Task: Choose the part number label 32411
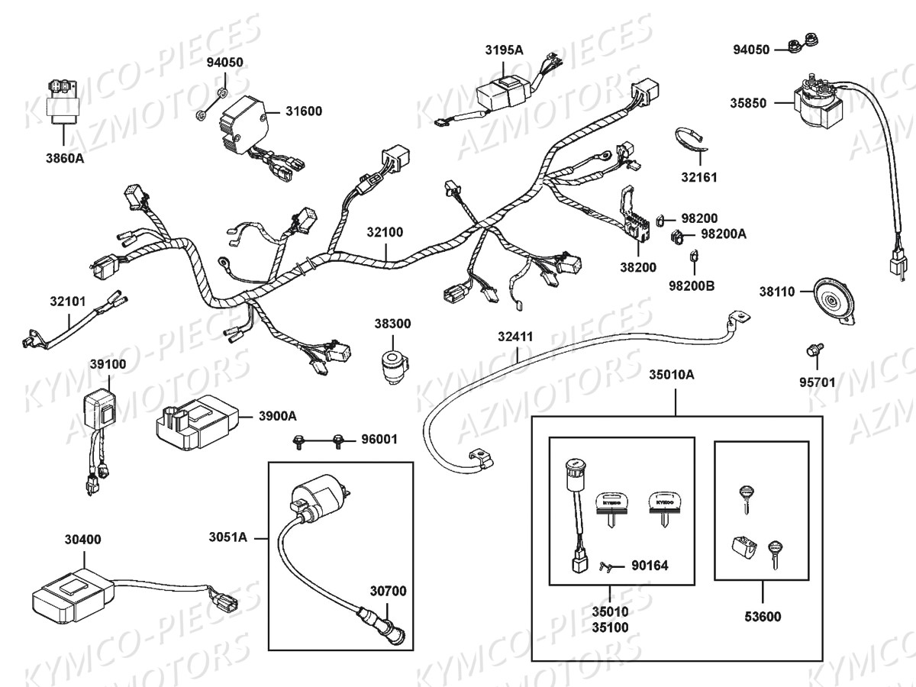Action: tap(515, 336)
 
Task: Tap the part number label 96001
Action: tap(378, 440)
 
